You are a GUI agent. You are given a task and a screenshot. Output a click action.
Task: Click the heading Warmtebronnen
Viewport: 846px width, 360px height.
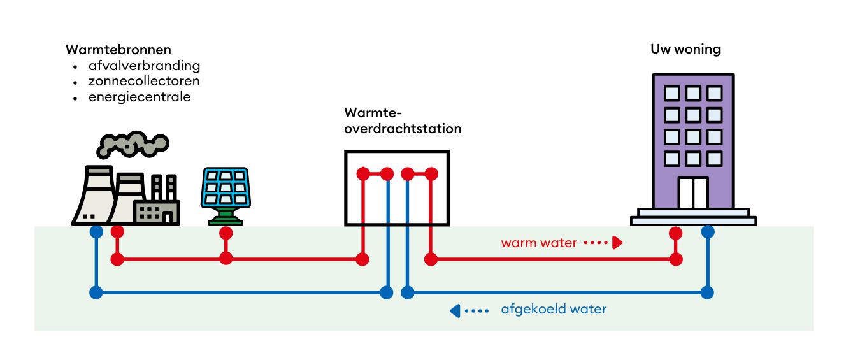[118, 50]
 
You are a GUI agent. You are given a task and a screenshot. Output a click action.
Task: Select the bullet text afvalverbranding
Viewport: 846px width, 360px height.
[145, 66]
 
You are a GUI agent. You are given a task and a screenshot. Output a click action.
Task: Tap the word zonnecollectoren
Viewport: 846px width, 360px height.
[144, 82]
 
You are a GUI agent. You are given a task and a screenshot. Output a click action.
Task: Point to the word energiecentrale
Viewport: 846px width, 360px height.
[140, 97]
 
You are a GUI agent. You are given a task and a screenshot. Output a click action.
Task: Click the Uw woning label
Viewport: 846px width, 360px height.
[685, 49]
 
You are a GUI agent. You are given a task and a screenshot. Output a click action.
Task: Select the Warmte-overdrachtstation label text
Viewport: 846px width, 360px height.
[403, 121]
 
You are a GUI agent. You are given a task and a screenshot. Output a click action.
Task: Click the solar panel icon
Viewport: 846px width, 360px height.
[225, 188]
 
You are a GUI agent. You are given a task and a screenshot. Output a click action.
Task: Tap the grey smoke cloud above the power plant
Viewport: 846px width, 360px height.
[132, 144]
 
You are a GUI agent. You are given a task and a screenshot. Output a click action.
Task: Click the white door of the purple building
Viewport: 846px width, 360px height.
[693, 193]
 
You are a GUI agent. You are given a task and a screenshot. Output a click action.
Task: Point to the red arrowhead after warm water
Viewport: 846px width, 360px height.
[617, 243]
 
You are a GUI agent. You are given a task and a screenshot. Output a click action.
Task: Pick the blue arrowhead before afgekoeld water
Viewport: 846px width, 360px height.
[455, 311]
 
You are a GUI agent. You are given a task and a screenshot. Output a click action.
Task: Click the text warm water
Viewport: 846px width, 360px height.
[539, 243]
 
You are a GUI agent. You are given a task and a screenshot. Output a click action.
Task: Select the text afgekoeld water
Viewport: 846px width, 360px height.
[554, 310]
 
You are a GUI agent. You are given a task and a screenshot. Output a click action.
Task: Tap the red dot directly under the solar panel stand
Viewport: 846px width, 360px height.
[226, 233]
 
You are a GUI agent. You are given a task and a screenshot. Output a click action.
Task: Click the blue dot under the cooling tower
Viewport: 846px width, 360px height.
[96, 232]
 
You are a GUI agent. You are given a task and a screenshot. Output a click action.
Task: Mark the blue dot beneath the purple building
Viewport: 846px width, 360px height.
[707, 232]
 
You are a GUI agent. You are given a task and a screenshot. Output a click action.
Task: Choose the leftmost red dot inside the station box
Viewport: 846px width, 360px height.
[362, 173]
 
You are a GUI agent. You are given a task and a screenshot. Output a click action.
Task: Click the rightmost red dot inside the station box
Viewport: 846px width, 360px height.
[431, 173]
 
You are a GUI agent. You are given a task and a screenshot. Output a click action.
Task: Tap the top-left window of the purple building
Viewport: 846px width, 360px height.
[671, 94]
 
